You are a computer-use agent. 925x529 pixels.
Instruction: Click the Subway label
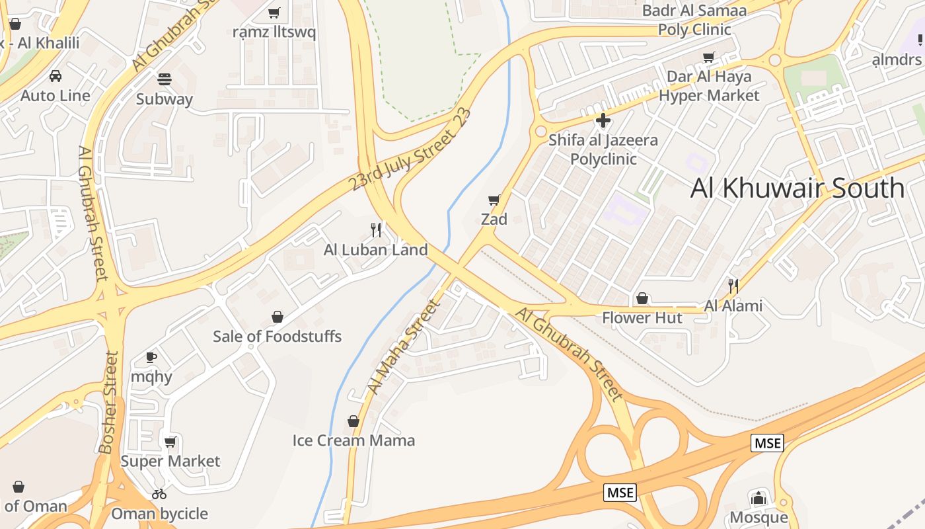pos(165,99)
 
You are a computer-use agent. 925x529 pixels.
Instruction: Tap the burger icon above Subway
pos(165,79)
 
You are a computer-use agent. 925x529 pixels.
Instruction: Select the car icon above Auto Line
pos(55,76)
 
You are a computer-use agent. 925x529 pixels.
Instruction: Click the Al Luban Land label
pos(375,250)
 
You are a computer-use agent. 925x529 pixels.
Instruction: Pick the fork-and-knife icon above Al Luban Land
pos(375,230)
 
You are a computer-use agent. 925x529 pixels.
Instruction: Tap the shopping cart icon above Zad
pos(494,200)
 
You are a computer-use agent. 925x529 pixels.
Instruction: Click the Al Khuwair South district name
pos(797,188)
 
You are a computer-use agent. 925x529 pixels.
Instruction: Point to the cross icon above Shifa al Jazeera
pos(603,121)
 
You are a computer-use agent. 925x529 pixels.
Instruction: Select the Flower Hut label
pos(642,318)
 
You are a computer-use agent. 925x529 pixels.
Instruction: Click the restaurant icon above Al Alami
pos(733,286)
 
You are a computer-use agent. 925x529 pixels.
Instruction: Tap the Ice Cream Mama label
pos(353,440)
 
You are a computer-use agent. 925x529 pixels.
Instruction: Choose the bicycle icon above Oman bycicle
pos(159,494)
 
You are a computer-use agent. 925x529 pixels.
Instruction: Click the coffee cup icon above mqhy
pos(151,358)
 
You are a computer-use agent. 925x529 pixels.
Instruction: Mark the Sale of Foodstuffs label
pos(277,337)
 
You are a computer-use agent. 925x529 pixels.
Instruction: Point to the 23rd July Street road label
pos(411,149)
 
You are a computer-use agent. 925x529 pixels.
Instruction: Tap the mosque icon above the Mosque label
pos(758,498)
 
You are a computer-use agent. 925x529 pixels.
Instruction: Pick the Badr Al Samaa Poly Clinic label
pos(694,20)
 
